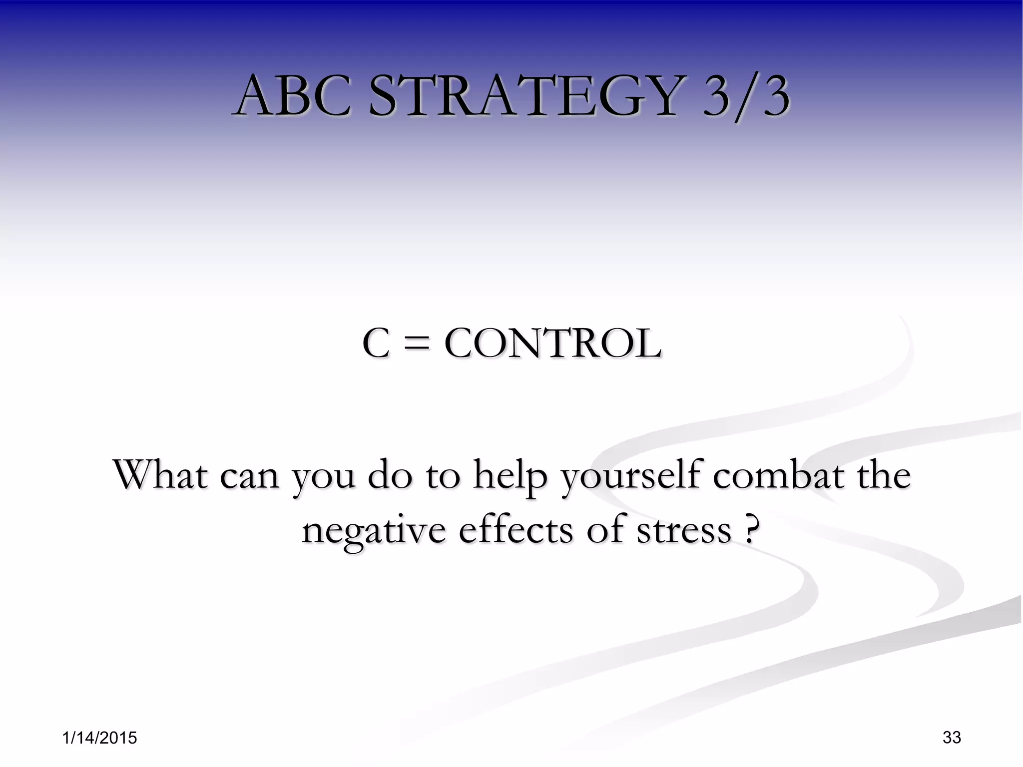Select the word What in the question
[160, 474]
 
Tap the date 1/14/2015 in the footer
[100, 738]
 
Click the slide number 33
[952, 737]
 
